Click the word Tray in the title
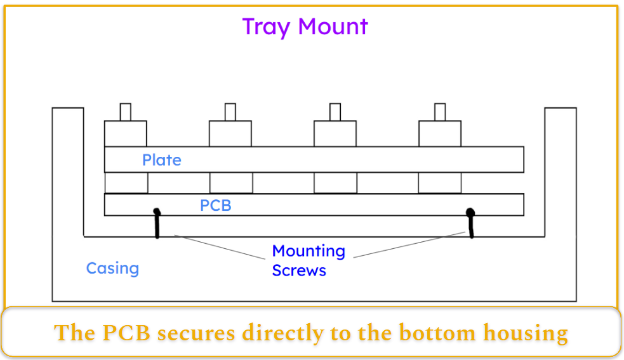267,27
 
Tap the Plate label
161,160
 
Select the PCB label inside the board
215,206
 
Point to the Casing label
112,268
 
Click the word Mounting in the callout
309,251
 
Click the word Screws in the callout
299,270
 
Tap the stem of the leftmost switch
125,112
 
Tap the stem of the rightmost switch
439,112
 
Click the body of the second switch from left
230,133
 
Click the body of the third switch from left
335,133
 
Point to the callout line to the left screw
219,247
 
